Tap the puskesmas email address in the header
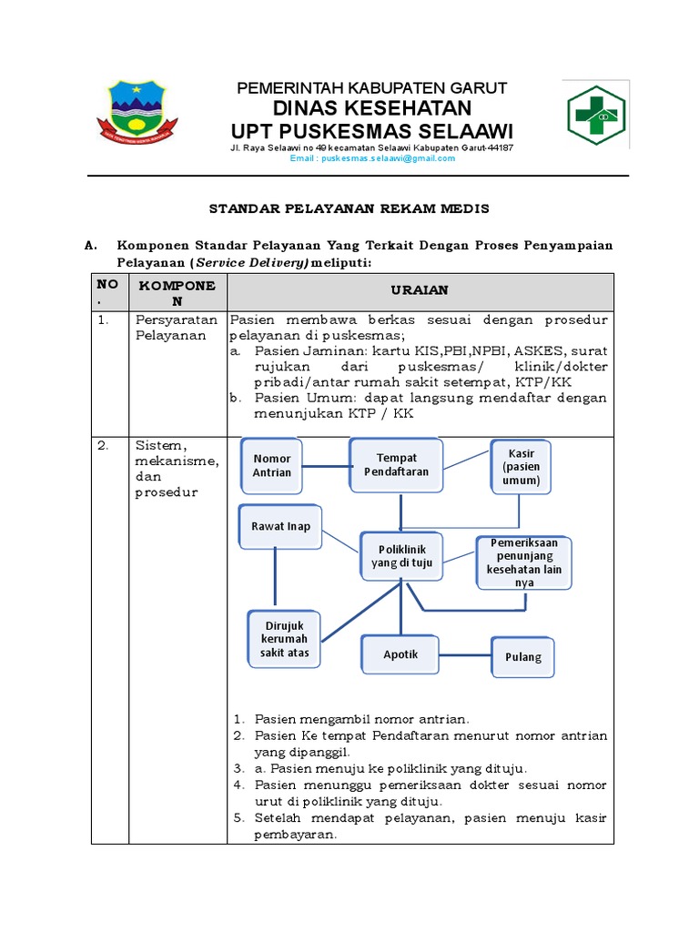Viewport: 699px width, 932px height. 372,158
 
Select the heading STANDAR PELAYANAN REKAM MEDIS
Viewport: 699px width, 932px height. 349,209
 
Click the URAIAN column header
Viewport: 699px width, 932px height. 420,290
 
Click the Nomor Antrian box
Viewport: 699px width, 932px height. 272,465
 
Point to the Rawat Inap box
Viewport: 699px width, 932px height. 280,525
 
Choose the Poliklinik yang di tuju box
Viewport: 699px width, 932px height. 399,555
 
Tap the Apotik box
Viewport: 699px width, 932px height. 400,654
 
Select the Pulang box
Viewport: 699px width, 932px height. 523,656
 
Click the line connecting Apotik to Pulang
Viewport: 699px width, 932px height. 466,655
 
